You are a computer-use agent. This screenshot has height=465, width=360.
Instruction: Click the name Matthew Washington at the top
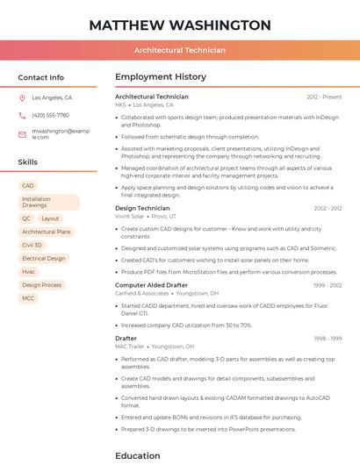pyautogui.click(x=180, y=25)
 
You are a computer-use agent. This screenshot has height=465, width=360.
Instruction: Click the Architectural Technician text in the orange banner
pyautogui.click(x=180, y=50)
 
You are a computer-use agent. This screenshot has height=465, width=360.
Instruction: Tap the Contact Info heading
pyautogui.click(x=40, y=77)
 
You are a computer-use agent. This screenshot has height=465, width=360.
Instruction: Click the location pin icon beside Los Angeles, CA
pyautogui.click(x=22, y=98)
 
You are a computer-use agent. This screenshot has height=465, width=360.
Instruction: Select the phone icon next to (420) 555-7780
pyautogui.click(x=22, y=116)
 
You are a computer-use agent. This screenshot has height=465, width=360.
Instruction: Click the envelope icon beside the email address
pyautogui.click(x=22, y=134)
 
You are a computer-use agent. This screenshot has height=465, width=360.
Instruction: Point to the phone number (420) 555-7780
pyautogui.click(x=50, y=116)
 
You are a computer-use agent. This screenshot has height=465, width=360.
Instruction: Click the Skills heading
pyautogui.click(x=27, y=162)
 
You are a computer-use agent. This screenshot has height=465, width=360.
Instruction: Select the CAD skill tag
pyautogui.click(x=28, y=186)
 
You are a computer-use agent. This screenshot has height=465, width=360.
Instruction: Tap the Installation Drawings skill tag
pyautogui.click(x=48, y=203)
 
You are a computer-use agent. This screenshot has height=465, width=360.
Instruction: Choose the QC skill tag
pyautogui.click(x=26, y=218)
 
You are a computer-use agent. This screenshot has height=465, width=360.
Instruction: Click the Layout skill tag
pyautogui.click(x=50, y=218)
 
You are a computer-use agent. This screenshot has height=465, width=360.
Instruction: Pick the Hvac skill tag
pyautogui.click(x=29, y=272)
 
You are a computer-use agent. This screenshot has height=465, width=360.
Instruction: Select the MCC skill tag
pyautogui.click(x=29, y=298)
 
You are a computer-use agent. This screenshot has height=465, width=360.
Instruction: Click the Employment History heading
pyautogui.click(x=161, y=77)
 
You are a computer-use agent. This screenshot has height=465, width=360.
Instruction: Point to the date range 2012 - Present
pyautogui.click(x=324, y=97)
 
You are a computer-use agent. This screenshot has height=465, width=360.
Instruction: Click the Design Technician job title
pyautogui.click(x=142, y=208)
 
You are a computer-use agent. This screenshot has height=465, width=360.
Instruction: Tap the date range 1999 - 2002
pyautogui.click(x=327, y=285)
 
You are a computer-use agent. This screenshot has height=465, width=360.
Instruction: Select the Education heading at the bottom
pyautogui.click(x=138, y=455)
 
